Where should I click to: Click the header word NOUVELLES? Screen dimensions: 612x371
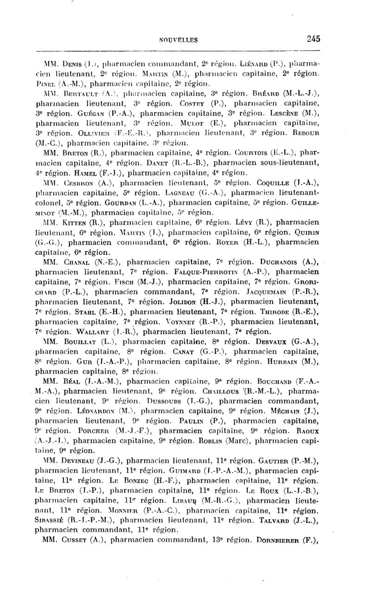tap(179, 40)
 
